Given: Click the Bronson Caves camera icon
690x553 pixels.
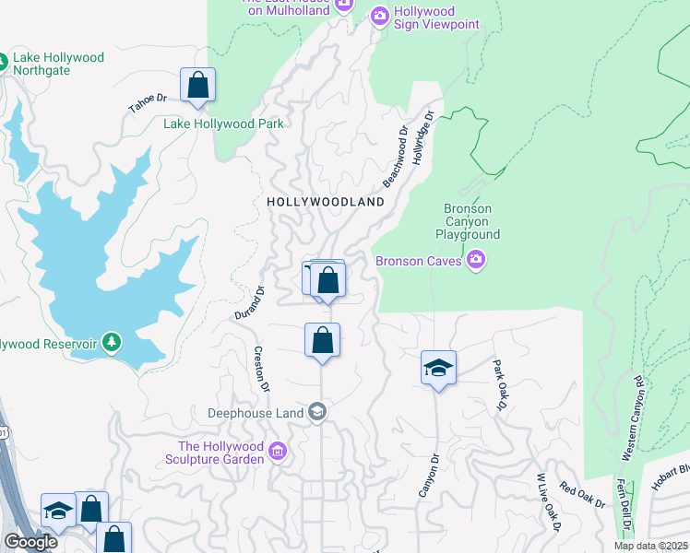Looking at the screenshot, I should tap(476, 260).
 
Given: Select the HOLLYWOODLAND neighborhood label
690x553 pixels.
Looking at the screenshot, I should tap(325, 201).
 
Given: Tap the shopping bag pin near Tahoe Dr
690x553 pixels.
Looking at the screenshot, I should tap(197, 85).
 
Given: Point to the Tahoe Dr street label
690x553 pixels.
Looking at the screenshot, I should tap(148, 102).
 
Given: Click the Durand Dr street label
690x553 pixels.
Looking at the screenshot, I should tap(249, 302).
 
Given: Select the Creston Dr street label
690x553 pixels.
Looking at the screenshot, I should tap(262, 369).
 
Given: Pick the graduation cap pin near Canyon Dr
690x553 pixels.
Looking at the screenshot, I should tap(438, 369).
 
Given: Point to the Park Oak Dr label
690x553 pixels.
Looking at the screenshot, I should tap(500, 384).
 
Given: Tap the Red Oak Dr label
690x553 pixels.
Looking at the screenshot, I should tap(582, 496).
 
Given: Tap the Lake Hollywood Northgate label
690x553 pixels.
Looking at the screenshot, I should tap(59, 64).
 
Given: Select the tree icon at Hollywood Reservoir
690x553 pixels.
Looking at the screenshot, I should tap(112, 343).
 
